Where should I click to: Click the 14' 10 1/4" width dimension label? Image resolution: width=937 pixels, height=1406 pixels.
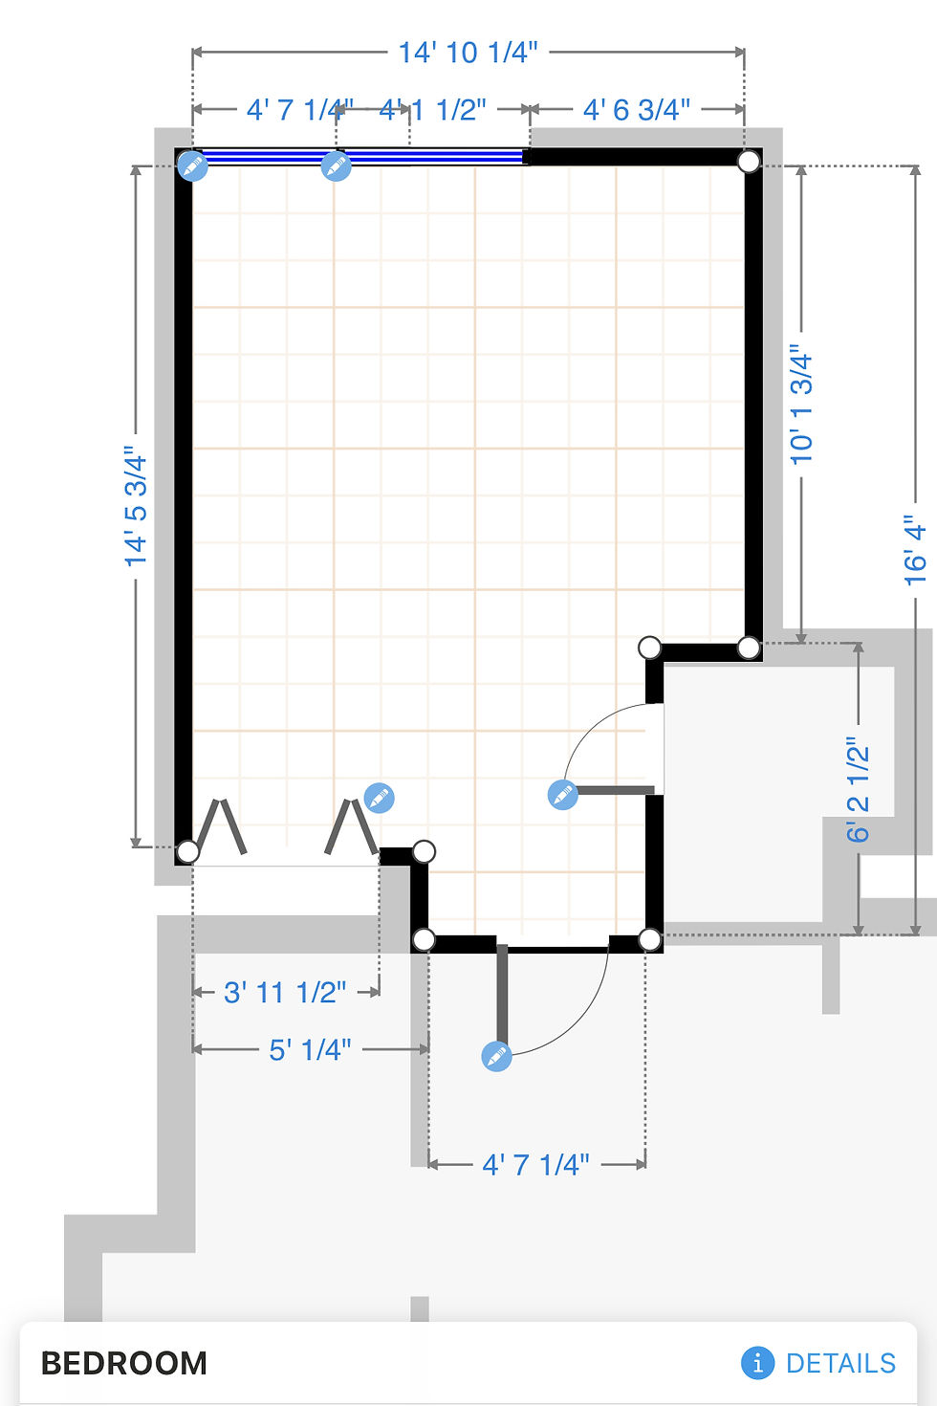(468, 53)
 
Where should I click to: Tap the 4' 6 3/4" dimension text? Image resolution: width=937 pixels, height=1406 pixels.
(637, 110)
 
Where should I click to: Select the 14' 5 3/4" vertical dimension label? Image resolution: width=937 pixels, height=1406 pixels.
(136, 507)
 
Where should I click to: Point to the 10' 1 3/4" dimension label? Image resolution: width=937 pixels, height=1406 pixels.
(801, 405)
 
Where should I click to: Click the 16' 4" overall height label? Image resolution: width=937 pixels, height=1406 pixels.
(916, 551)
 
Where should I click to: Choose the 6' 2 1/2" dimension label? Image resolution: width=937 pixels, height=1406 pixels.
(858, 790)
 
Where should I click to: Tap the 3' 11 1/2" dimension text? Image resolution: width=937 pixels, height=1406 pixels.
(285, 993)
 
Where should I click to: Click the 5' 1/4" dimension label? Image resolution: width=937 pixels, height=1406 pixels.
(310, 1049)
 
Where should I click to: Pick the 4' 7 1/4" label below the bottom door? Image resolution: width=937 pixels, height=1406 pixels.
(536, 1164)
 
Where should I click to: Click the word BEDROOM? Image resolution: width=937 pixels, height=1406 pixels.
(123, 1363)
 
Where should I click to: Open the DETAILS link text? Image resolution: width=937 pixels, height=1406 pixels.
(841, 1363)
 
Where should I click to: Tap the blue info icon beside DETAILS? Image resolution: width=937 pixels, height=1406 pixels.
(757, 1363)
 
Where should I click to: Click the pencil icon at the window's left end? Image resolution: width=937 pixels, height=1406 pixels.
(193, 166)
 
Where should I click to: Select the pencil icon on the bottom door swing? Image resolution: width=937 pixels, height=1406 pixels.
(496, 1056)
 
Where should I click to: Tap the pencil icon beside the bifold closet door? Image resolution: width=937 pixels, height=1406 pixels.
(379, 798)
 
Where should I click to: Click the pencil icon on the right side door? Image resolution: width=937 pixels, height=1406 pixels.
(563, 795)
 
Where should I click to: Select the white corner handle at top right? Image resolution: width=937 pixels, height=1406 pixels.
(748, 162)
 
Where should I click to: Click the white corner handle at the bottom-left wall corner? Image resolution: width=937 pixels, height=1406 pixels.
(187, 852)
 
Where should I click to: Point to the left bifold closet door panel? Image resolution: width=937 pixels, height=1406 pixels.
(221, 826)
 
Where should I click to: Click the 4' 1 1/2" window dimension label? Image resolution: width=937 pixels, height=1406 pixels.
(432, 110)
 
